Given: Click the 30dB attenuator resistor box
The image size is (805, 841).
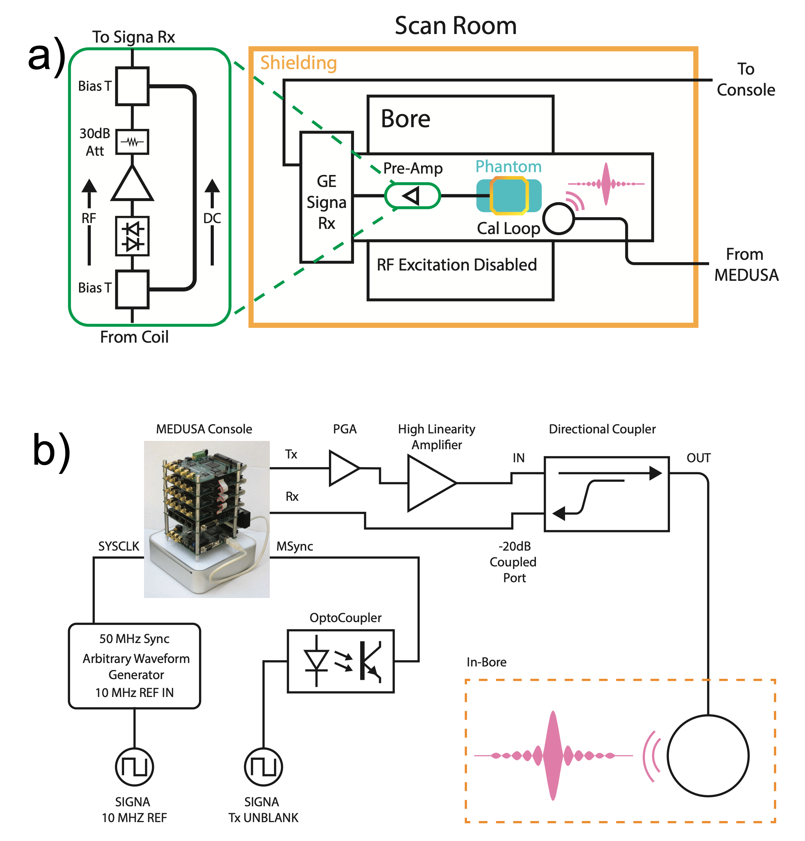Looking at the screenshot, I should (x=132, y=142).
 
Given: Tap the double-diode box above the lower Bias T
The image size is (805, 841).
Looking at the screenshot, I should (x=132, y=236).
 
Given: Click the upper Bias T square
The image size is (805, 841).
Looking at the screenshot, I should (x=132, y=86).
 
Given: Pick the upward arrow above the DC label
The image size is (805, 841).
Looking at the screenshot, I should (x=212, y=187).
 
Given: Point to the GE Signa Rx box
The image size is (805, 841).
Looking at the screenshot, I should (x=327, y=197).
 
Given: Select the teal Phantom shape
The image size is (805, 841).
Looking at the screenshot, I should (x=509, y=196).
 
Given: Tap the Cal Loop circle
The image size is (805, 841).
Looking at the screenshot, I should (x=559, y=218).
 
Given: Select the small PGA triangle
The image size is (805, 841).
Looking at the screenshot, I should (x=343, y=468).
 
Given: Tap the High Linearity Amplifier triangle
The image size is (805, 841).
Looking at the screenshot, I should (x=429, y=483).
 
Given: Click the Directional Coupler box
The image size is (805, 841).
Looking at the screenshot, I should (x=606, y=494).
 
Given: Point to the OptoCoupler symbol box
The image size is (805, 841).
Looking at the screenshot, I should (x=340, y=661).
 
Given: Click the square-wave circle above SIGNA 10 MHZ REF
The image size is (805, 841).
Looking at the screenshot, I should (x=134, y=767).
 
